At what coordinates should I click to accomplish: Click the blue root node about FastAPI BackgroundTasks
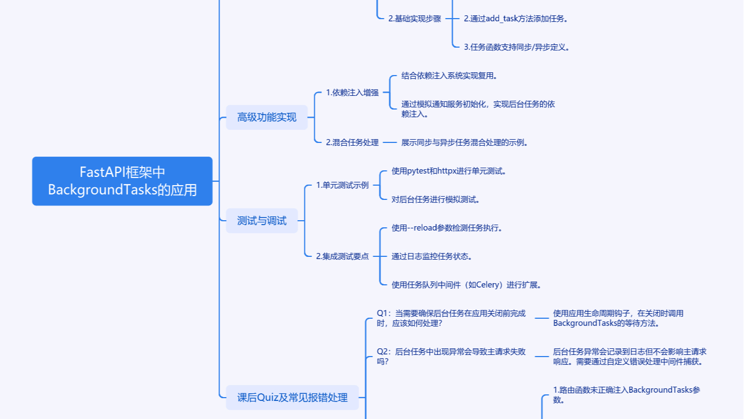(122, 181)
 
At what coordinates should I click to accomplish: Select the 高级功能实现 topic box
(267, 117)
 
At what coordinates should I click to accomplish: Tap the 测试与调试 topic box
(262, 221)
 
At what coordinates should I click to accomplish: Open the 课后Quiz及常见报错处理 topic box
(292, 398)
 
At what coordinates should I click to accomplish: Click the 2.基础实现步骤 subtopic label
(414, 19)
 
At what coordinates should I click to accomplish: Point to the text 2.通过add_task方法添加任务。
(516, 19)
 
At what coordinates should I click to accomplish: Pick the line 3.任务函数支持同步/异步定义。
(517, 47)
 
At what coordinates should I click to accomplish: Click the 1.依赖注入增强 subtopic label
(352, 93)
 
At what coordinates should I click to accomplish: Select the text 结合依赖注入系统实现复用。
(449, 76)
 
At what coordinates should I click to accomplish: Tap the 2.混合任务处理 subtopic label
(352, 142)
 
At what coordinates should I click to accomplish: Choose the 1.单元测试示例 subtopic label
(342, 185)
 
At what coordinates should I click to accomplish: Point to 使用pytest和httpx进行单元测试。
(449, 171)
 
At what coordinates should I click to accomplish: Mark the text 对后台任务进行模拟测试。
(436, 199)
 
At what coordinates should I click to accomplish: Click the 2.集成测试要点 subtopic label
(342, 256)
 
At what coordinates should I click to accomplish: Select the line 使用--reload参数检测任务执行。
(447, 228)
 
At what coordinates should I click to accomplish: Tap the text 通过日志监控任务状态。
(431, 256)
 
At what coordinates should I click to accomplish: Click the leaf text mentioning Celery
(466, 285)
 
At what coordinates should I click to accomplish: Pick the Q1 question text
(451, 318)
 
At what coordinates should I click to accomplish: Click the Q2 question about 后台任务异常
(451, 357)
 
